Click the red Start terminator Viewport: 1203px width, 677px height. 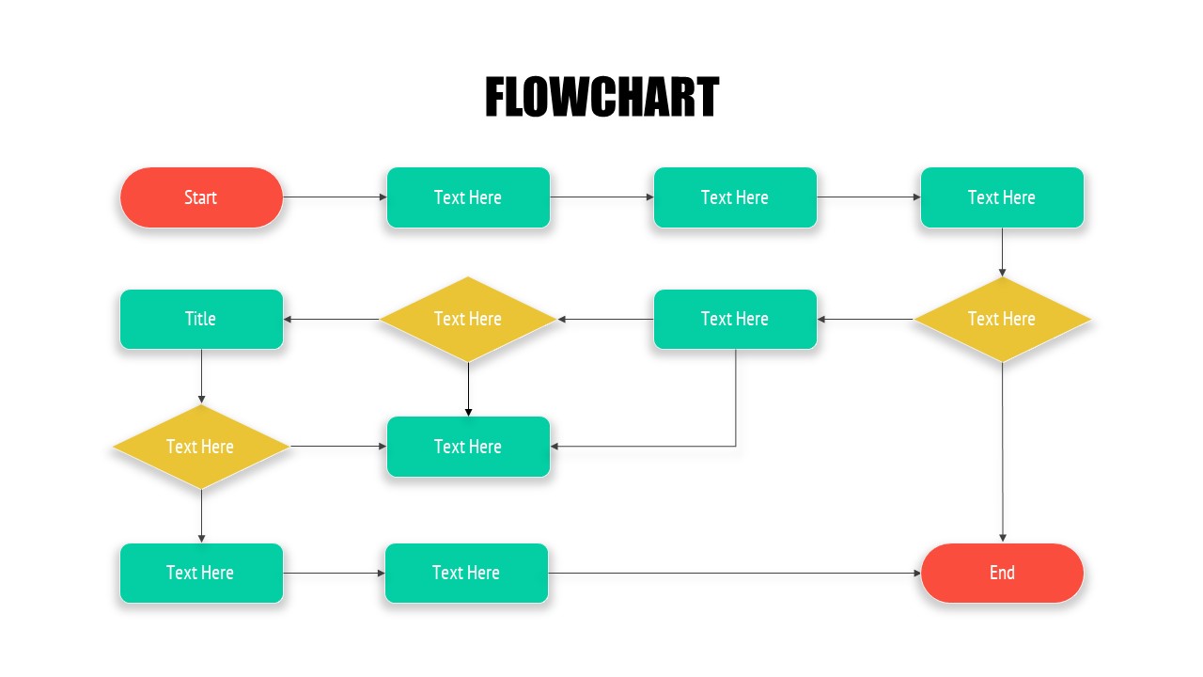(x=201, y=197)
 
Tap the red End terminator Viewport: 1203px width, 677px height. (x=1002, y=573)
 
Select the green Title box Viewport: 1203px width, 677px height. (x=201, y=319)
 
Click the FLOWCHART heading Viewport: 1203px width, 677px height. (x=601, y=98)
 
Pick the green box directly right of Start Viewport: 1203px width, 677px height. (x=468, y=197)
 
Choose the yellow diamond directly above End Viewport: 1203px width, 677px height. (x=1002, y=319)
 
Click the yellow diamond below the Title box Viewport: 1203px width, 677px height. (x=201, y=447)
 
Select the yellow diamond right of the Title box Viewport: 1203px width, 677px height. (x=468, y=319)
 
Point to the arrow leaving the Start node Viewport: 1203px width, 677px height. (x=335, y=197)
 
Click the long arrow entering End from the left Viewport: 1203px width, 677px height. (x=733, y=573)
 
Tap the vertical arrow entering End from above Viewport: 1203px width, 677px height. (x=1002, y=451)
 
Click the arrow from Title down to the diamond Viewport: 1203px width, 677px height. (x=201, y=376)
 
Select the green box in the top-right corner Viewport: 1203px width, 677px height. (x=1002, y=197)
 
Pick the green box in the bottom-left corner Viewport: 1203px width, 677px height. (x=201, y=573)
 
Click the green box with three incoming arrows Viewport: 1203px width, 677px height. (x=468, y=447)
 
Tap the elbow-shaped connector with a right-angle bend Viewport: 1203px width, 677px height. (x=736, y=414)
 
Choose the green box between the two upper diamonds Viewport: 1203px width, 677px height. (x=735, y=319)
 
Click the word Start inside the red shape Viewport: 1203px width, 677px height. (x=201, y=197)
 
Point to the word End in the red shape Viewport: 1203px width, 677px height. (x=1002, y=573)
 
